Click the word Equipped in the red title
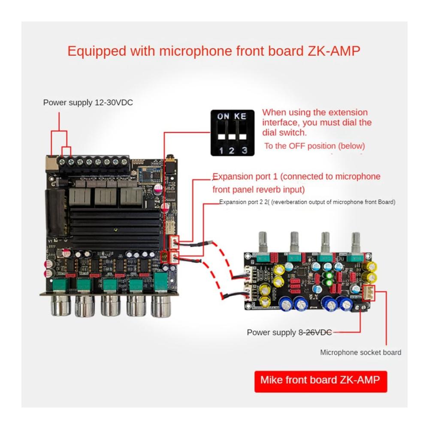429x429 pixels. point(97,51)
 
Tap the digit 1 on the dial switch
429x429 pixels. point(221,150)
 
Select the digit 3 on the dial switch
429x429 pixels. point(244,150)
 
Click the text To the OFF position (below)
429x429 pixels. point(314,146)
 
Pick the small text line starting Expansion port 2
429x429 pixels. point(307,202)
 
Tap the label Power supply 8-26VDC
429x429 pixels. point(290,332)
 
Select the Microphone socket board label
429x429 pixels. point(361,352)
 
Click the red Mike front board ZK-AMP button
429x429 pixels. point(320,381)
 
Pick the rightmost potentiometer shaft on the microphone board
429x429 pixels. point(356,242)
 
